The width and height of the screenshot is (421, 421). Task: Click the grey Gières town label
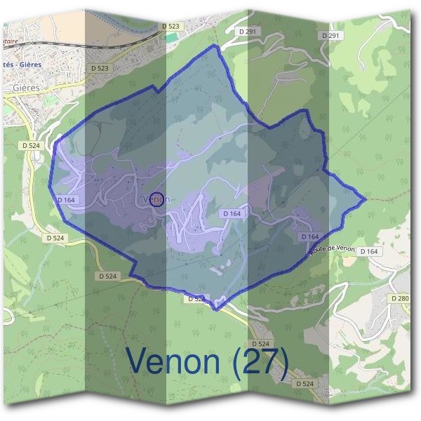26,88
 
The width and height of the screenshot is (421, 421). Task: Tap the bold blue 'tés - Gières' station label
22,65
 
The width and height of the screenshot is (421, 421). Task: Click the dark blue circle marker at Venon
157,199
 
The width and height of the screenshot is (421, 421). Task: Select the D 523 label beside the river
171,26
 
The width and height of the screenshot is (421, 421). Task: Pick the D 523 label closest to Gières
100,68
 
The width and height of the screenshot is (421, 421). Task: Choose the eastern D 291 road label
332,36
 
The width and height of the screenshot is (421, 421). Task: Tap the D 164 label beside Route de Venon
368,251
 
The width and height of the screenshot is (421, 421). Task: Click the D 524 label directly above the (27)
260,343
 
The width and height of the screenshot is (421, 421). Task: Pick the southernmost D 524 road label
305,384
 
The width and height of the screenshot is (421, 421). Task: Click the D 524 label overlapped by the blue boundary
196,299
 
